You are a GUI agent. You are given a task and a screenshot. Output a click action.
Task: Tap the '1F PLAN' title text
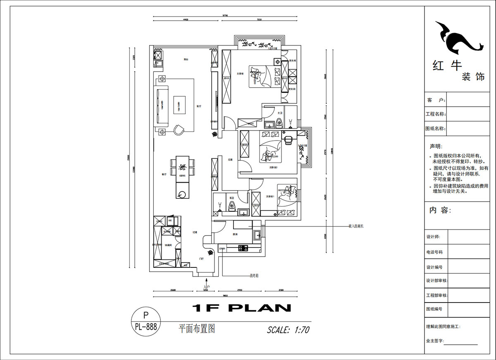[242, 308]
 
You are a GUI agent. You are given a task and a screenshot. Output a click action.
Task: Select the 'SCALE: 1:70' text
[288, 330]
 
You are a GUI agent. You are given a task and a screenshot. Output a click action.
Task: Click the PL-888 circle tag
[145, 322]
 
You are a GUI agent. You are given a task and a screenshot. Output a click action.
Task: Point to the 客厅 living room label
[199, 106]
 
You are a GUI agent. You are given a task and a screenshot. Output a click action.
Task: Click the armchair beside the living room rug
[179, 130]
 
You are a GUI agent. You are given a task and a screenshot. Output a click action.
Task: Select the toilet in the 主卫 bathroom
[279, 122]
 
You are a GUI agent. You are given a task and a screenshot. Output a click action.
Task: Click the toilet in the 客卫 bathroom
[231, 207]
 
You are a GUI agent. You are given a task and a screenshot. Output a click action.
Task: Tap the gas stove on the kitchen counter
[242, 248]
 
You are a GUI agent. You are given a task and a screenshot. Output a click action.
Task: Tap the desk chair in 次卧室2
[288, 140]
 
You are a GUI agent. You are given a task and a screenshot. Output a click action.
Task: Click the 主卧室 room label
[240, 74]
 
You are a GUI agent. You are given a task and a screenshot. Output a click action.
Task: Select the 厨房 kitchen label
[235, 234]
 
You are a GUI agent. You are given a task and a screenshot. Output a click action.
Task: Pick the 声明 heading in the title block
[436, 146]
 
